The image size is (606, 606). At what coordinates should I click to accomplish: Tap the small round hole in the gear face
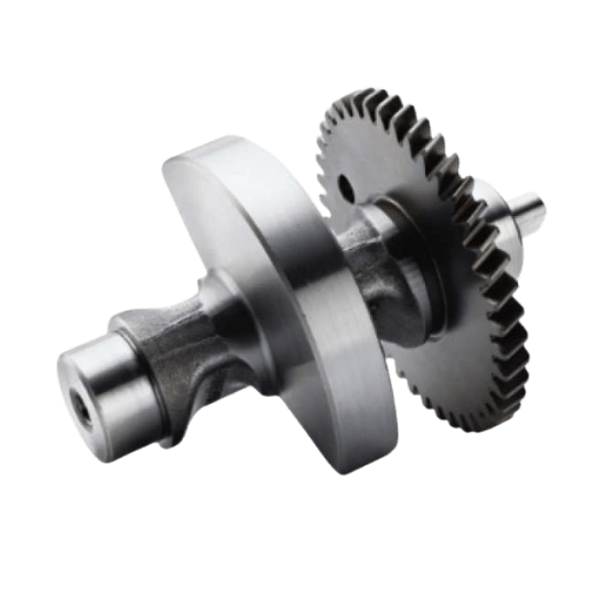click(x=342, y=185)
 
